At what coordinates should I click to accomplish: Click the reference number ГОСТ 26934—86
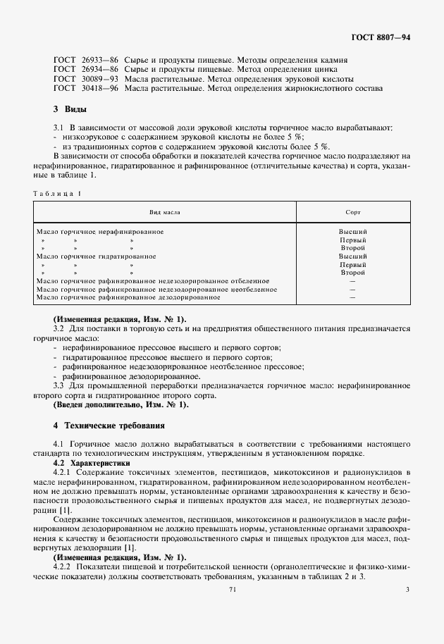coord(76,70)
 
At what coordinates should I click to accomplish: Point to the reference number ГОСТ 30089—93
coord(76,80)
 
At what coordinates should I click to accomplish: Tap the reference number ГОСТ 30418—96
coord(76,89)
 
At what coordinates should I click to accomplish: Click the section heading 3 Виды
coord(70,110)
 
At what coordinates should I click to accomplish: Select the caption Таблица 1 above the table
coord(58,193)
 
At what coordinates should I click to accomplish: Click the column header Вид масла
coord(164,211)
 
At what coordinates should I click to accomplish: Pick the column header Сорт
coord(352,211)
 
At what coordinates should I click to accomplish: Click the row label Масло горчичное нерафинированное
coord(104,231)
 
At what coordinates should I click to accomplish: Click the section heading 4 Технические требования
coord(109,426)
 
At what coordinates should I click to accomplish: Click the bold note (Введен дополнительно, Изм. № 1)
coord(121,404)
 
